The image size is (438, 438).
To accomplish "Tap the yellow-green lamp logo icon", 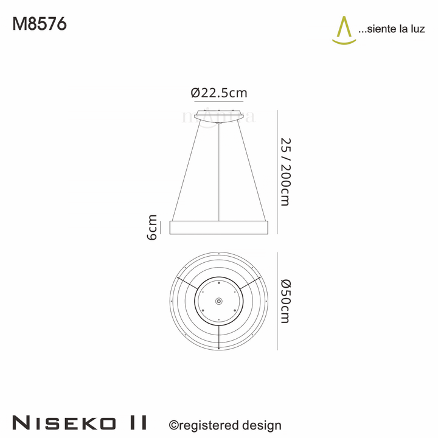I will tap(344, 30).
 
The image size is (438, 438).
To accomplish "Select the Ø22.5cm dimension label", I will tap(219, 93).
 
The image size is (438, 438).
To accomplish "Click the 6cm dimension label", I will tap(152, 227).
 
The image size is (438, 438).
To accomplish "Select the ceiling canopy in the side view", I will tap(219, 116).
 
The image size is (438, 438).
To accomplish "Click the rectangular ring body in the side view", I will tap(219, 228).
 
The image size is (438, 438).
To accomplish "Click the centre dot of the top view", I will tap(219, 301).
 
